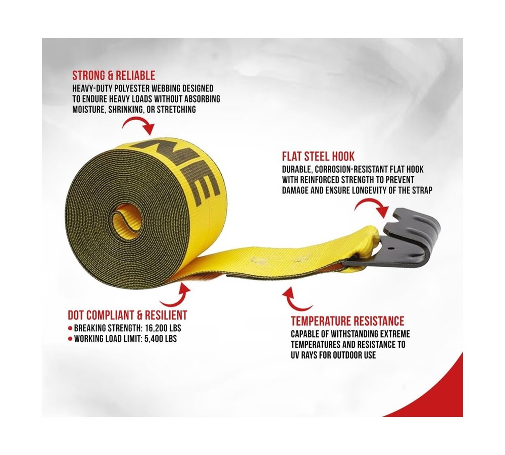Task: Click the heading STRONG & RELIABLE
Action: click(114, 76)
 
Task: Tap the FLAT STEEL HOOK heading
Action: click(318, 157)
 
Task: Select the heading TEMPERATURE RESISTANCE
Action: click(347, 321)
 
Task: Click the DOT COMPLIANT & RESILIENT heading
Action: click(128, 315)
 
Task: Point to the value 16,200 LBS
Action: click(163, 328)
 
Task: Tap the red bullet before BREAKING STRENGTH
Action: click(70, 328)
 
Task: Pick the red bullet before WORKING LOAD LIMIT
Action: click(70, 339)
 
